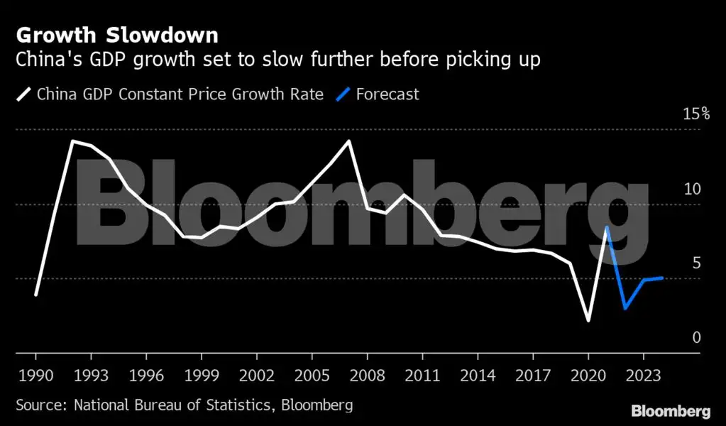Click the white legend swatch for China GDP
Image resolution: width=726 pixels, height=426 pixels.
pos(23,94)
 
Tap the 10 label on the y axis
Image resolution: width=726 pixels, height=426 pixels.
pos(692,190)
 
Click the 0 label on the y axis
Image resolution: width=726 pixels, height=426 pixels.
pos(696,337)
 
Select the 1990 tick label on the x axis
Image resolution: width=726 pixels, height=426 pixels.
pos(35,374)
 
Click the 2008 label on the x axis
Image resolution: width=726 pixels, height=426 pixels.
pos(367,374)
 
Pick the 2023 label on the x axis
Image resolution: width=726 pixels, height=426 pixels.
pos(644,374)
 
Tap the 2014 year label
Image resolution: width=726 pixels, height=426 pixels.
pos(478,374)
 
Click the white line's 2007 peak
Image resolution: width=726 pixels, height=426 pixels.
pos(348,141)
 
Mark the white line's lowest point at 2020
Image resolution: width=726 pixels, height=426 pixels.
pos(588,321)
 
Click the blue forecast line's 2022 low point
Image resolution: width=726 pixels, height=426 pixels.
pos(625,309)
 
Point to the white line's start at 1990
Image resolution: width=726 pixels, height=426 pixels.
pos(35,295)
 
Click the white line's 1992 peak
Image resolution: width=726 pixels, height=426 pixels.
pos(72,141)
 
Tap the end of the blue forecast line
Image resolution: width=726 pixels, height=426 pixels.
pos(662,278)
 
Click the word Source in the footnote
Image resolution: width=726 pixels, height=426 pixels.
pos(41,405)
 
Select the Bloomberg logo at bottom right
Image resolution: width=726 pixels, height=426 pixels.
pos(671,411)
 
